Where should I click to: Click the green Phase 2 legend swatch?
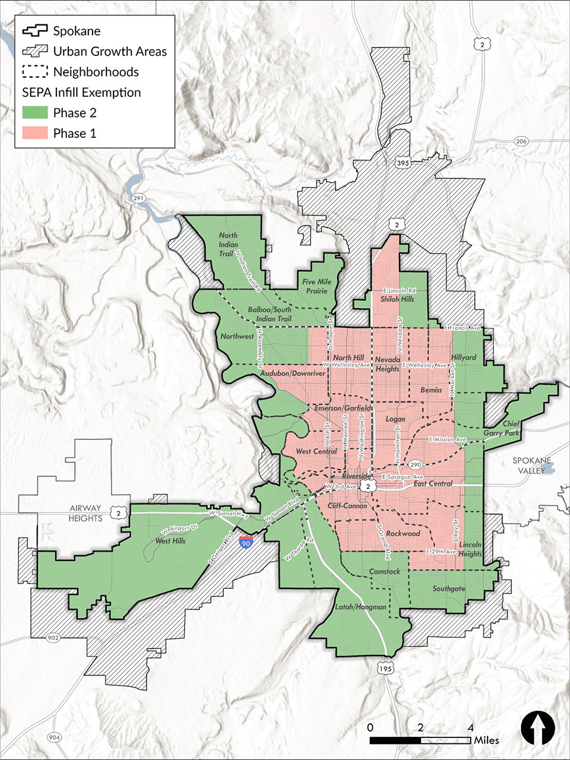pos(35,113)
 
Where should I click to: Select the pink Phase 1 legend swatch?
pos(35,133)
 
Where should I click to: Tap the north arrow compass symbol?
pos(537,729)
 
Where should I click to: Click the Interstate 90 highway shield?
pos(246,541)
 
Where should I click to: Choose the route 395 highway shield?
pos(402,162)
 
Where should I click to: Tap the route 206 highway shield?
pos(521,141)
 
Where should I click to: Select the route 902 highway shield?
pos(53,638)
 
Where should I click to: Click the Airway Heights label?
pos(85,514)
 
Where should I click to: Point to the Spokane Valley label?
pos(532,465)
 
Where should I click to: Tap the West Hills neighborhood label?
pos(170,541)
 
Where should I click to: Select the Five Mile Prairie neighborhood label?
pos(316,286)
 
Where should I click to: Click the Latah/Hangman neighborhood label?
pos(360,607)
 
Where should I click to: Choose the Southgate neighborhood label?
pos(448,589)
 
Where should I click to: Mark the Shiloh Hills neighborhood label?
pos(397,299)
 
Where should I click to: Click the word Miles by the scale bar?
pos(486,740)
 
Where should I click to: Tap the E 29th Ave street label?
pos(442,552)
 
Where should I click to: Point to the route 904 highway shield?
pos(55,737)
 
